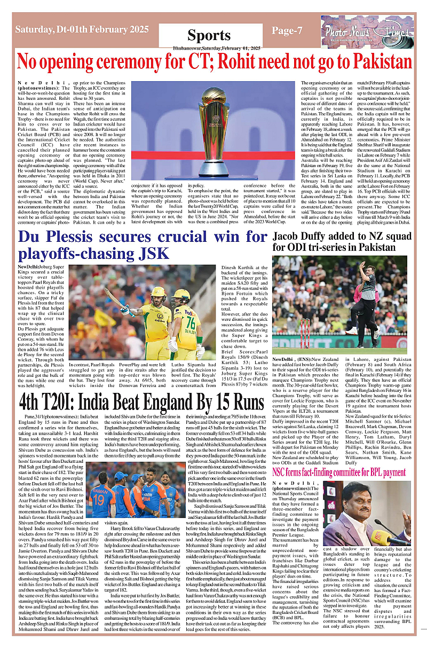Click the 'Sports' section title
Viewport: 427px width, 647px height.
209,35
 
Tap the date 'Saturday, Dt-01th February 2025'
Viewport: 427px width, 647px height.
82,30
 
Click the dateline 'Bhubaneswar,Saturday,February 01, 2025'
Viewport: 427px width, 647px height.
210,48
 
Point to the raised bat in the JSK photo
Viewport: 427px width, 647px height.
115,296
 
